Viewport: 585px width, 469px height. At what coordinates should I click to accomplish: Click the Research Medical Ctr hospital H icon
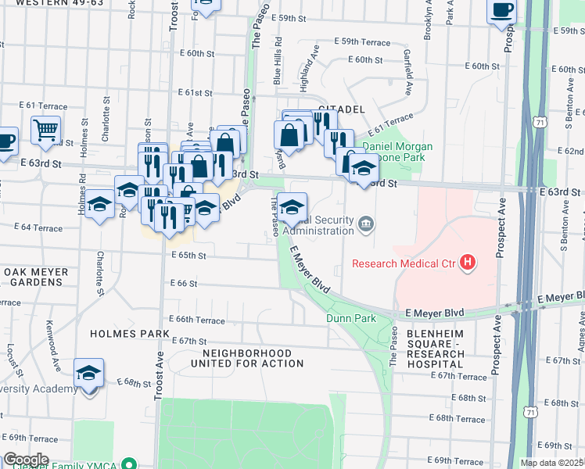pos(468,263)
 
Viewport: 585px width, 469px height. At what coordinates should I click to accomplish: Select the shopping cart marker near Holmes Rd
pos(46,130)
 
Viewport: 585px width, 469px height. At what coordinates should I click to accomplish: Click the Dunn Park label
pos(351,318)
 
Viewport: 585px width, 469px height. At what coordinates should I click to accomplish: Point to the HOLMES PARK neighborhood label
pos(130,334)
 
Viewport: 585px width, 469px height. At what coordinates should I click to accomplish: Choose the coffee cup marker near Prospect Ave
pos(501,11)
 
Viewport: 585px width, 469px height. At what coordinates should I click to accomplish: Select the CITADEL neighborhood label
pos(343,108)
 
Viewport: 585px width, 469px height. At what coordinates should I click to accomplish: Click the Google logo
pos(25,460)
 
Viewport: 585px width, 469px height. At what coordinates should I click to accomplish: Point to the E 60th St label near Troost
pos(196,54)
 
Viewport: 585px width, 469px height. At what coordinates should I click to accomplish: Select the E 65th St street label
pos(188,256)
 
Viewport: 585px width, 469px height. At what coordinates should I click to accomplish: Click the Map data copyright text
pos(552,463)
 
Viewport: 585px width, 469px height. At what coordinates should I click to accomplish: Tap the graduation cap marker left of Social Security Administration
pos(292,207)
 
